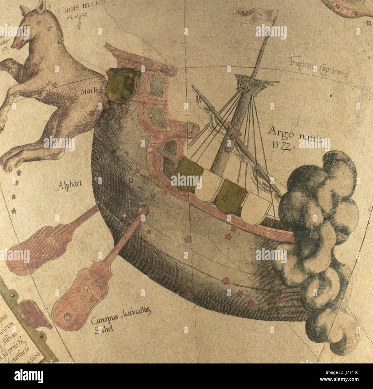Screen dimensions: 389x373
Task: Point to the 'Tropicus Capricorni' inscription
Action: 318,67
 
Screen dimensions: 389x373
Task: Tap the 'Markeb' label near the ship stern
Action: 91,92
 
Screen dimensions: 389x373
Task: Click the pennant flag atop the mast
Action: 260,16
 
